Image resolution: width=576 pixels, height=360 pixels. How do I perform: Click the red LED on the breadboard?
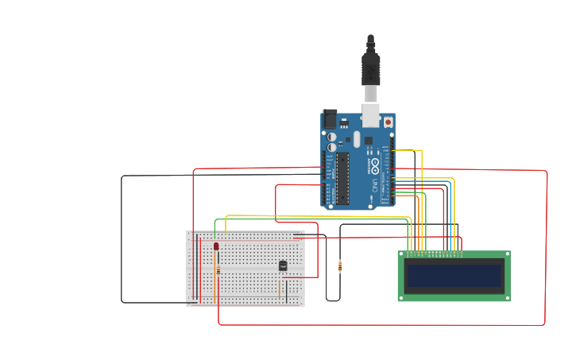point(216,246)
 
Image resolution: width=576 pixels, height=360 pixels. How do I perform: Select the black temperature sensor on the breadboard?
point(282,265)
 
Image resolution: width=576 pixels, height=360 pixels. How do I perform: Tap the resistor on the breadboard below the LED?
point(217,270)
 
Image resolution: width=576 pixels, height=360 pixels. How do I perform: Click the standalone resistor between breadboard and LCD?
point(341,266)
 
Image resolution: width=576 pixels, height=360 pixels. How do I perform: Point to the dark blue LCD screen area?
point(454,276)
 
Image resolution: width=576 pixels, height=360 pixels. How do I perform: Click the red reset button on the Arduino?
point(388,122)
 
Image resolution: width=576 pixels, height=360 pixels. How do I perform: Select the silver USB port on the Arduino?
point(371,114)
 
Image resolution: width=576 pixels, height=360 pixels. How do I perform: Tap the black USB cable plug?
point(370,68)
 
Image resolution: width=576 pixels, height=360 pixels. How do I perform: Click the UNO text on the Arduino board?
point(374,187)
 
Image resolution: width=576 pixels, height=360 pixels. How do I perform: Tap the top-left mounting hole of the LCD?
point(402,255)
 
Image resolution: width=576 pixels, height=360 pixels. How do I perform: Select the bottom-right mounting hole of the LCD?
point(506,297)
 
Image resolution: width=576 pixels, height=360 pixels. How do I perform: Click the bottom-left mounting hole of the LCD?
point(402,297)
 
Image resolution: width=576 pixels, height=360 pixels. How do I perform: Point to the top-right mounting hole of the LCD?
point(506,255)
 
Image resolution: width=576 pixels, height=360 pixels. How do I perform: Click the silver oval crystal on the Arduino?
point(357,139)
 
